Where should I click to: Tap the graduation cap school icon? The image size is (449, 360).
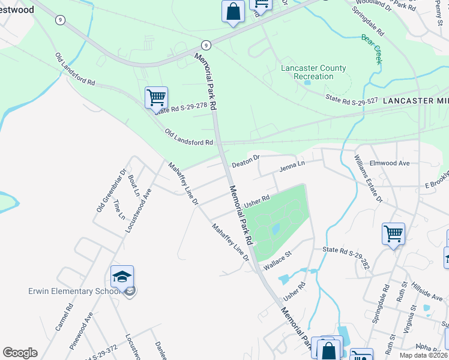pos(122,277)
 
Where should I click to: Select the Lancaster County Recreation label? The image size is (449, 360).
pos(313,72)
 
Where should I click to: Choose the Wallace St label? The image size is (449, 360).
pos(277,263)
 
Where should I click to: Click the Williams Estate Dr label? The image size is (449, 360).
pos(368,178)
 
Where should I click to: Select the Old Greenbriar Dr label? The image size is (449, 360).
pos(111,190)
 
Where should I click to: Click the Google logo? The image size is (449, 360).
pos(20,353)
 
